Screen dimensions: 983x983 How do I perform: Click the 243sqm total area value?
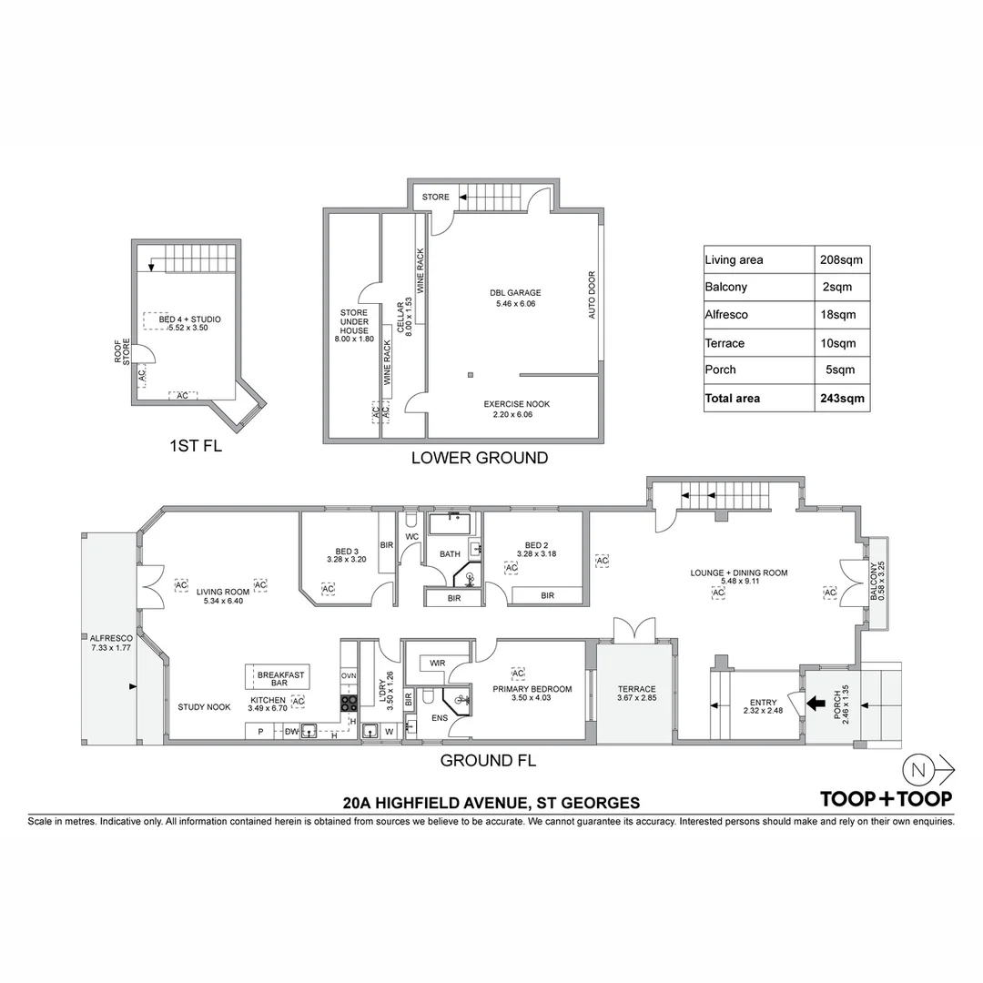tap(840, 398)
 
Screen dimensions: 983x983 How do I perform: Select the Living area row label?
tap(734, 260)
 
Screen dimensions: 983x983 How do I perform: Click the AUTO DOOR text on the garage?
tap(592, 295)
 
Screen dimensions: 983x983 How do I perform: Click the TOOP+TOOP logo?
tap(886, 799)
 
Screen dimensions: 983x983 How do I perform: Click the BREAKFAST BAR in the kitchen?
tap(280, 678)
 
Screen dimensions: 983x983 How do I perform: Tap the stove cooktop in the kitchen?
tap(349, 703)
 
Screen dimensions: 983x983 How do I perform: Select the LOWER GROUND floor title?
tap(480, 458)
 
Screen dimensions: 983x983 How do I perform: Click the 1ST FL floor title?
tap(196, 447)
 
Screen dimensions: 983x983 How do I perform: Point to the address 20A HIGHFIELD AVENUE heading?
tap(491, 803)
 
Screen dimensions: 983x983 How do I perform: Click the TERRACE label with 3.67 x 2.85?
tap(636, 694)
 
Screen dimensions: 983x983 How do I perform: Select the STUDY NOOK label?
tap(204, 706)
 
